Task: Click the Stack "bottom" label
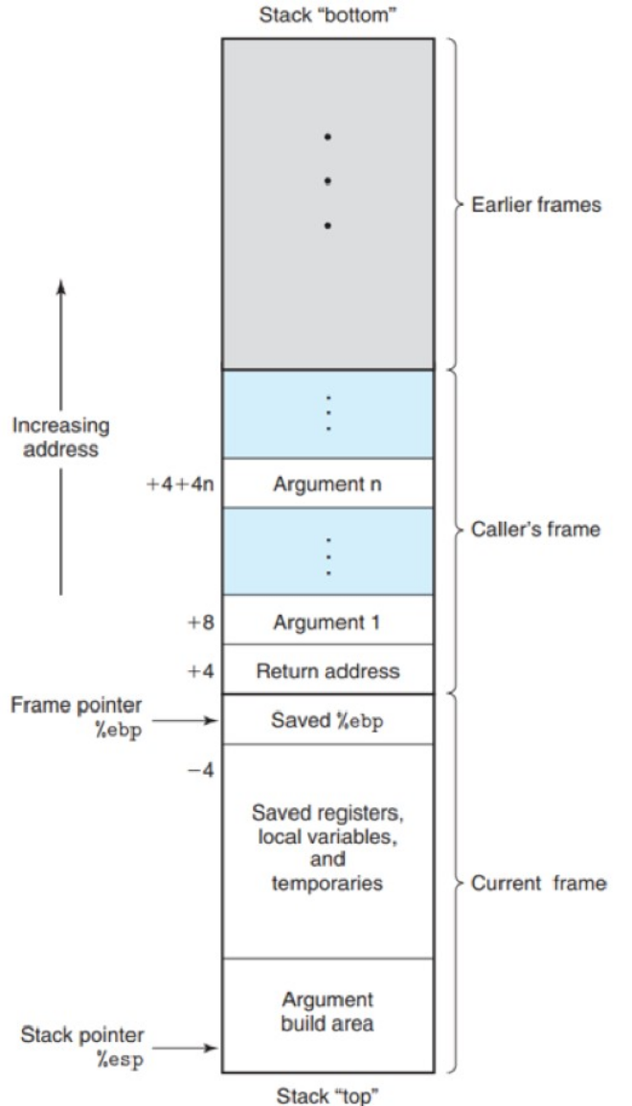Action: [x=327, y=16]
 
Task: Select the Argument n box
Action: [x=327, y=484]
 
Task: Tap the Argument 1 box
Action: [x=327, y=622]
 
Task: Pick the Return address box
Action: [x=327, y=671]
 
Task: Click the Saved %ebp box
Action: [x=327, y=720]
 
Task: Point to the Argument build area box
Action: [x=327, y=1011]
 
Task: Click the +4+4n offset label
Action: [x=180, y=484]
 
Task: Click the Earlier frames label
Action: [x=536, y=206]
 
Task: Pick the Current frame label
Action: [x=538, y=883]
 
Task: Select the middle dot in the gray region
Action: [x=327, y=181]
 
